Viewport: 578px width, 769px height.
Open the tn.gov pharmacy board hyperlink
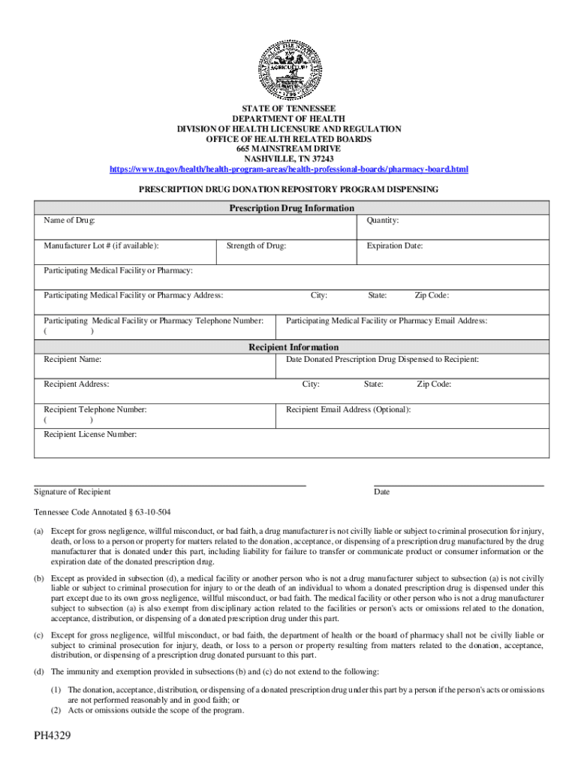[289, 170]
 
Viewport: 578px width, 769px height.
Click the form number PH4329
[52, 735]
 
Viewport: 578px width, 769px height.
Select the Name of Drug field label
[69, 221]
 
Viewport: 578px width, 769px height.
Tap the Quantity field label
[382, 221]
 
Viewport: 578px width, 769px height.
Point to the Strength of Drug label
[255, 246]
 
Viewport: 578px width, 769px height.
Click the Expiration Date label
[394, 246]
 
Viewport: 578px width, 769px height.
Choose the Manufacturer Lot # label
[101, 246]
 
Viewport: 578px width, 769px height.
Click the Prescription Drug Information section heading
[291, 208]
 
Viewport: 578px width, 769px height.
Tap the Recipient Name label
[73, 360]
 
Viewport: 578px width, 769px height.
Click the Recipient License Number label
[90, 434]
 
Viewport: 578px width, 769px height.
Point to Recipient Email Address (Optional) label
[348, 409]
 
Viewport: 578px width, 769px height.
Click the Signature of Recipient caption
[72, 492]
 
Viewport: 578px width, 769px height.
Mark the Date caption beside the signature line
[381, 492]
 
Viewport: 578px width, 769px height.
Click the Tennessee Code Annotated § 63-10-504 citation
[102, 512]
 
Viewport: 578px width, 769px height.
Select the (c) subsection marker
[38, 635]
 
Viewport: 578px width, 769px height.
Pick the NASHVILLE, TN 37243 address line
[289, 159]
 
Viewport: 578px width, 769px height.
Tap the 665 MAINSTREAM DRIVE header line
[289, 149]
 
